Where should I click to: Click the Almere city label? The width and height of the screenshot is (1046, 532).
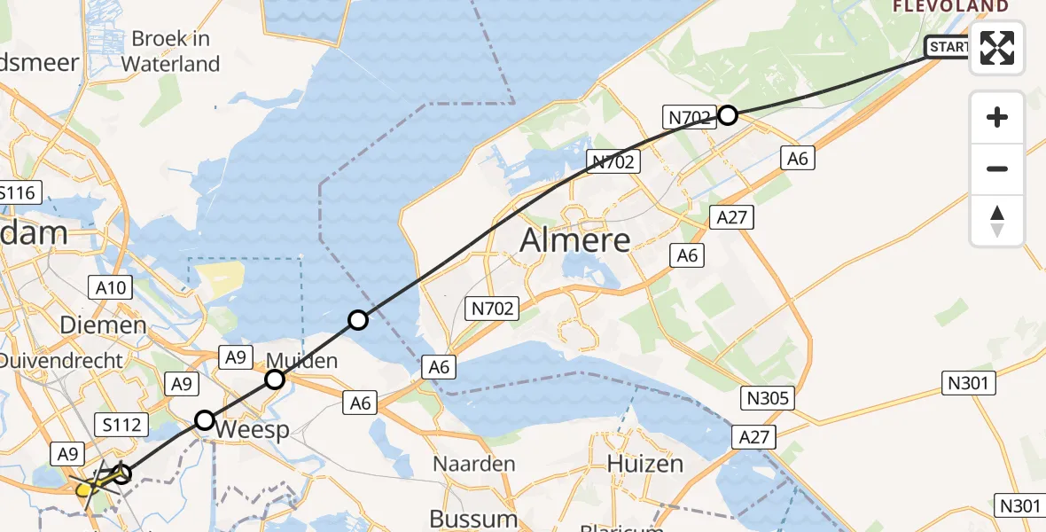tap(575, 240)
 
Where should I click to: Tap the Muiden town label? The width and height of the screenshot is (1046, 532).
tap(303, 361)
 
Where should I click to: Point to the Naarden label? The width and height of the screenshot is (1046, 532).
tap(474, 464)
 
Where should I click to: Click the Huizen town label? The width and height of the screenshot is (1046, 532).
tap(644, 464)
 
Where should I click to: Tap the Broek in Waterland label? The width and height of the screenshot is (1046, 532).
tap(170, 51)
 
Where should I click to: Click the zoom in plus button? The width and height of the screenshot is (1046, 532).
tap(997, 117)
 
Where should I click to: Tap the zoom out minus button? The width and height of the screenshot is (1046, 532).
tap(997, 168)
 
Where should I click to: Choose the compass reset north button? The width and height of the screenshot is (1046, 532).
tap(997, 220)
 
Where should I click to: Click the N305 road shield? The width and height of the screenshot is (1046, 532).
tap(768, 397)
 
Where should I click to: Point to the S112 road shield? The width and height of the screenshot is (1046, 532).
tap(121, 425)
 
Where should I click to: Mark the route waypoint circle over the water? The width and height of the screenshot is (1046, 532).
tap(357, 320)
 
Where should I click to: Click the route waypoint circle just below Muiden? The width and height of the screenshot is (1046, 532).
tap(275, 380)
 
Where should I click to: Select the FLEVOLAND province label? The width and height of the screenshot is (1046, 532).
tap(950, 6)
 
